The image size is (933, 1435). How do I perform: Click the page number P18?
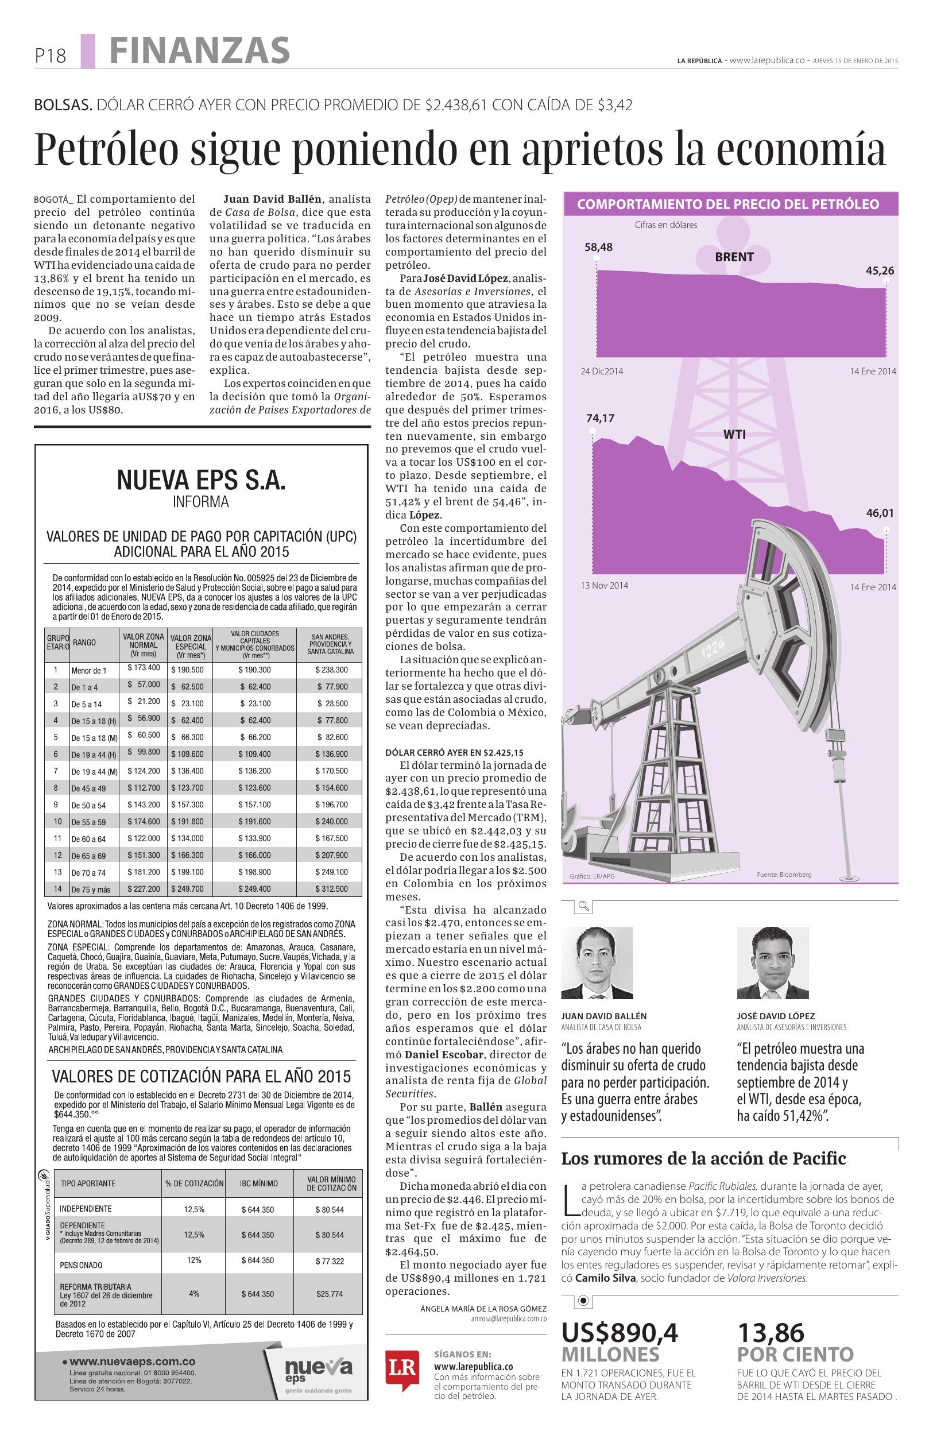[x=50, y=56]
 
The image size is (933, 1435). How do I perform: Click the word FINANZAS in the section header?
[x=199, y=50]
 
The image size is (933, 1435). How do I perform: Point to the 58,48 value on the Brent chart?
[x=598, y=247]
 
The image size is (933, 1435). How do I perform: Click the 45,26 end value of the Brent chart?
[x=880, y=270]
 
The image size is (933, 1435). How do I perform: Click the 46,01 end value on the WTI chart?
[x=880, y=514]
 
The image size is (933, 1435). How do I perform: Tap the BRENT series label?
[x=734, y=257]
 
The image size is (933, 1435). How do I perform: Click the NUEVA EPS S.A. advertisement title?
[x=201, y=481]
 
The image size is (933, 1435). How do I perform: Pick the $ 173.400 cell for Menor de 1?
[x=144, y=667]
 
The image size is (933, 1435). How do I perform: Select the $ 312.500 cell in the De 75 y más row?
[x=331, y=889]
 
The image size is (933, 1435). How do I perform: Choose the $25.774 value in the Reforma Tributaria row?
[x=329, y=1294]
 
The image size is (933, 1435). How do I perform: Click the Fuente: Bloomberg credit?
[x=784, y=874]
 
